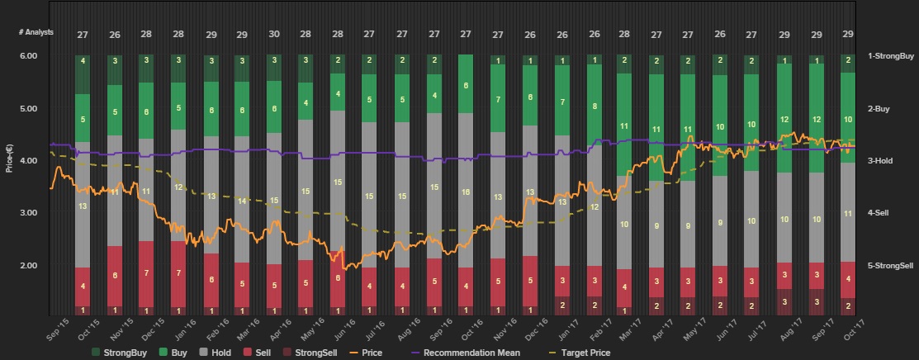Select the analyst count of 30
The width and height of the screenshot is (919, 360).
click(274, 35)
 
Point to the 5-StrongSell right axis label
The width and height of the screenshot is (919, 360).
click(891, 266)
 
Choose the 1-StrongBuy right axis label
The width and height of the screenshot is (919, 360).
click(891, 56)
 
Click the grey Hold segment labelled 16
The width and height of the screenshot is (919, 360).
click(466, 192)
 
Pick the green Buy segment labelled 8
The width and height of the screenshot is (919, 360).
click(595, 107)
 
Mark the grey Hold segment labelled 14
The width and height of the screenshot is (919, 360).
click(242, 201)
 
